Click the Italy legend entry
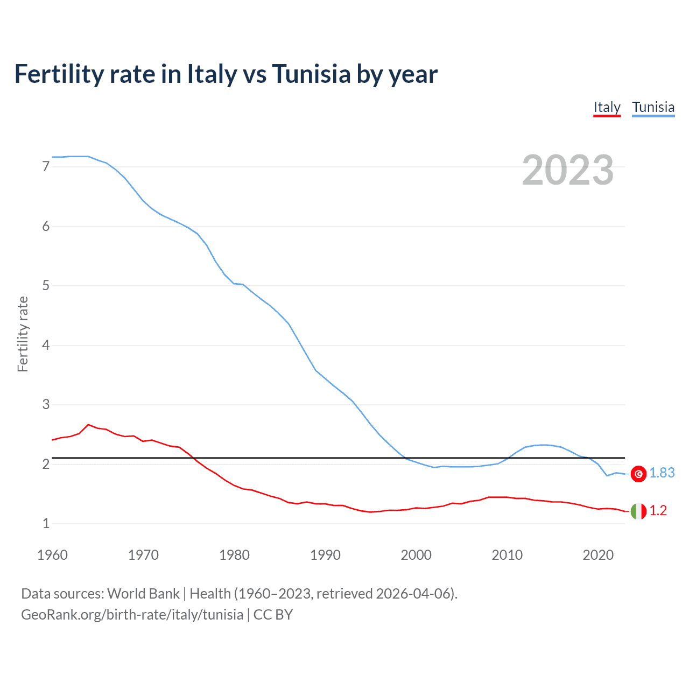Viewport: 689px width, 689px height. pyautogui.click(x=607, y=107)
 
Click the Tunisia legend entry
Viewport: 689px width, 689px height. pyautogui.click(x=653, y=107)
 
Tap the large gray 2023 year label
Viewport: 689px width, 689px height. pyautogui.click(x=567, y=170)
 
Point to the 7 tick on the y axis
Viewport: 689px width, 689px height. pyautogui.click(x=46, y=167)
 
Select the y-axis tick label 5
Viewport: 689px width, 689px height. pyautogui.click(x=46, y=286)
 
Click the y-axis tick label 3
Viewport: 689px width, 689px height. pyautogui.click(x=46, y=405)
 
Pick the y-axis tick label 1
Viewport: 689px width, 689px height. pyautogui.click(x=46, y=523)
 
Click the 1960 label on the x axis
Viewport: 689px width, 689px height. pyautogui.click(x=52, y=555)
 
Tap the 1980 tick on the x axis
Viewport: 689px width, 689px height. pyautogui.click(x=234, y=555)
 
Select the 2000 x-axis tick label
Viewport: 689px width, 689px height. pyautogui.click(x=416, y=555)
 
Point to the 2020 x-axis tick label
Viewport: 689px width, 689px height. pyautogui.click(x=598, y=555)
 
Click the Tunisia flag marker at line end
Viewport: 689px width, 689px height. pyautogui.click(x=638, y=474)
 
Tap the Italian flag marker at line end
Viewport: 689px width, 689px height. pyautogui.click(x=638, y=511)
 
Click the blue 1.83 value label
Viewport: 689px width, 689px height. pyautogui.click(x=662, y=473)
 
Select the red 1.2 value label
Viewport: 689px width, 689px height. pyautogui.click(x=658, y=511)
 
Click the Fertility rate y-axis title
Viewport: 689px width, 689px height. pyautogui.click(x=23, y=334)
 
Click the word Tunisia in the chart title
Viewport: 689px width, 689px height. pyautogui.click(x=312, y=74)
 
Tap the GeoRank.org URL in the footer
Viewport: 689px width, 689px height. pyautogui.click(x=132, y=615)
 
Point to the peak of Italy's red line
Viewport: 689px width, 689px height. pyautogui.click(x=88, y=425)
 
